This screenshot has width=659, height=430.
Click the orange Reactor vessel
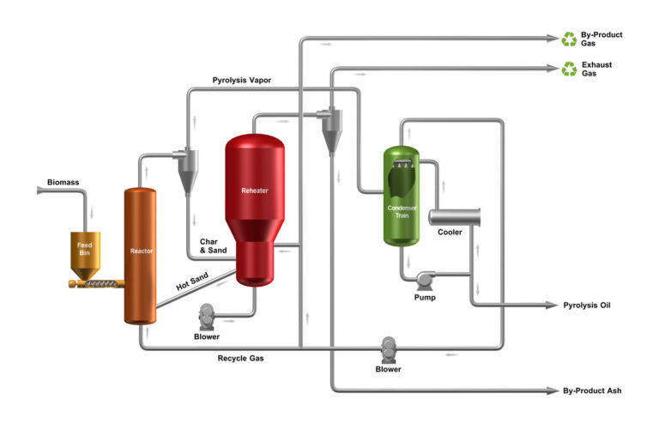[x=142, y=253]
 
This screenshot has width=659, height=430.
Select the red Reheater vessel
[x=254, y=206]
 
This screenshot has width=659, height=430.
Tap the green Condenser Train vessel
[x=401, y=197]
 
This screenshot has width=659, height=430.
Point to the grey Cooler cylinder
[x=453, y=217]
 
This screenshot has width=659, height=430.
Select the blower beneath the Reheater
[x=207, y=317]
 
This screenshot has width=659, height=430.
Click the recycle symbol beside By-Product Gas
[x=569, y=39]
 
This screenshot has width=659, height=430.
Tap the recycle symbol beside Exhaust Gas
[x=569, y=69]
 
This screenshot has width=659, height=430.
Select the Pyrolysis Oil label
[x=592, y=306]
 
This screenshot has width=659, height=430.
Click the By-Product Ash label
[x=592, y=391]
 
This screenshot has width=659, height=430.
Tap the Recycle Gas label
[x=240, y=358]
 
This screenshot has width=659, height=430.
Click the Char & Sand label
[x=214, y=246]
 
